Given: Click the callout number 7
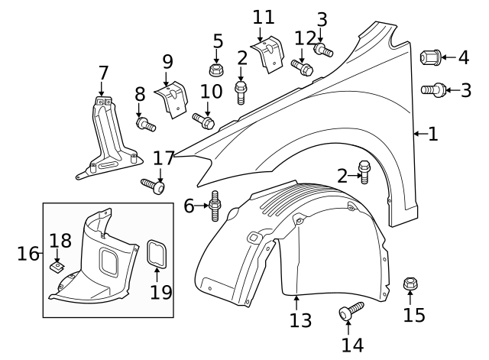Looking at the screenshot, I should click(x=104, y=73).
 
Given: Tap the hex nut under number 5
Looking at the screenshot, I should click(x=217, y=70).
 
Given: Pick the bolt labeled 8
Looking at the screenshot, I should click(x=144, y=123).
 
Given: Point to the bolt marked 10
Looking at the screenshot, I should click(x=204, y=121).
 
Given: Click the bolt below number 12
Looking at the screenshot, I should click(x=303, y=68).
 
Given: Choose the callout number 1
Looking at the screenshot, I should click(x=432, y=135).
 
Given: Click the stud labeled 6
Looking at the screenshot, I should click(x=215, y=205).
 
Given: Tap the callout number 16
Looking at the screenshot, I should click(x=28, y=253).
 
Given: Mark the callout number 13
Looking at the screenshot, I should click(x=300, y=319).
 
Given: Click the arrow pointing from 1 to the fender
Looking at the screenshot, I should click(x=418, y=135).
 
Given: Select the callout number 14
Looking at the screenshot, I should click(x=352, y=345).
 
